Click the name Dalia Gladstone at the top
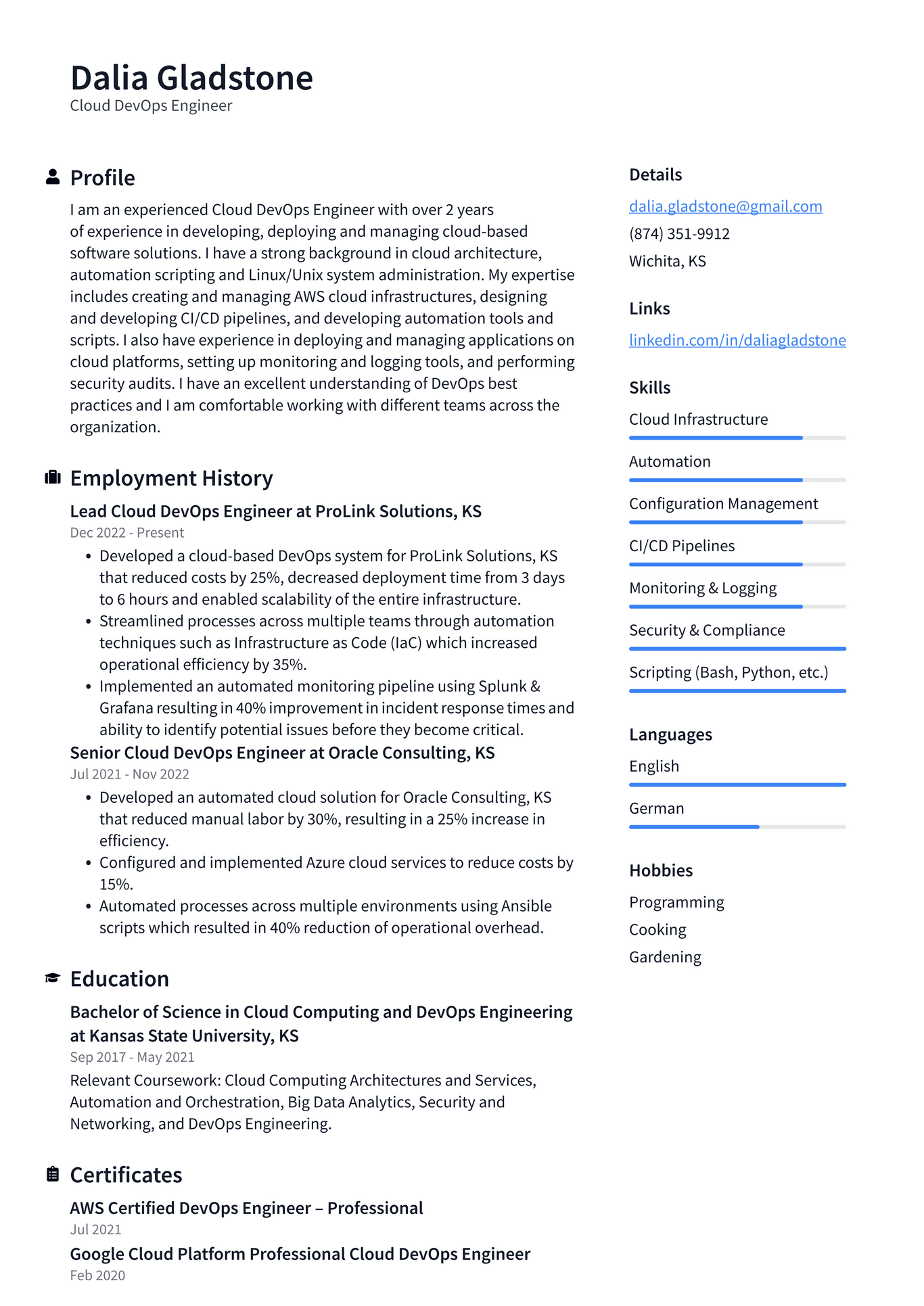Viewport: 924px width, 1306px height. pos(191,78)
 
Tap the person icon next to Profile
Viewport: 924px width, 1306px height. pos(53,177)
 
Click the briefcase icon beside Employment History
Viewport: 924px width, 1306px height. pos(53,477)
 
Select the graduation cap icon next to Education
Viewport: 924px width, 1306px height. pos(53,978)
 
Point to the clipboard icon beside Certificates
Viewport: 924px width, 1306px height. pos(53,1174)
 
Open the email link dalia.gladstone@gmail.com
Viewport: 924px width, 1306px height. pos(725,206)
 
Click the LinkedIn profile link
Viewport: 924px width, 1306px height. pos(737,340)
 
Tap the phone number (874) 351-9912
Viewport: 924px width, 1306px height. pos(679,234)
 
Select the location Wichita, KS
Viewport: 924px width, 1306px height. pos(667,261)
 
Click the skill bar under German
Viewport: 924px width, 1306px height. pos(737,826)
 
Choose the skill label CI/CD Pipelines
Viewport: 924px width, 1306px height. pos(681,546)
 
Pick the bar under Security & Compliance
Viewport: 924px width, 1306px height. pos(737,649)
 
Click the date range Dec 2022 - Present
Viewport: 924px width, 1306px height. pos(126,533)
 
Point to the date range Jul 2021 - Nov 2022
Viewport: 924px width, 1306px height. pos(129,774)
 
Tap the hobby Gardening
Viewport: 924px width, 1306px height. pos(665,957)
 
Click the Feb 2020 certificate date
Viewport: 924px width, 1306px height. pos(97,1276)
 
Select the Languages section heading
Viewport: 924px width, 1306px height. pos(670,734)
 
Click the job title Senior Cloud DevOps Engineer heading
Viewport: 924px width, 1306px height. pos(282,753)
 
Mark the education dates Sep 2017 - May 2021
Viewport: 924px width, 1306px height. pos(132,1057)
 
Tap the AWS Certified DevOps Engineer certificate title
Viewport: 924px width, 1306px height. pos(246,1208)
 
